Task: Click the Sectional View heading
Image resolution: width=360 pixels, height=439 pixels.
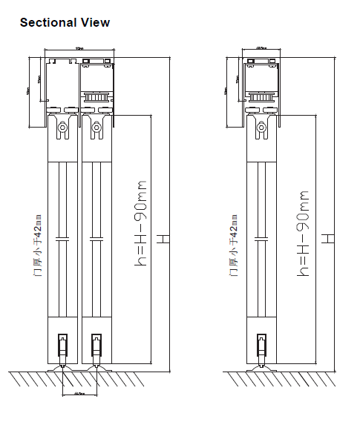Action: coord(65,22)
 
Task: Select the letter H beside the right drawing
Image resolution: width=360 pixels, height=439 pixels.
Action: coord(328,239)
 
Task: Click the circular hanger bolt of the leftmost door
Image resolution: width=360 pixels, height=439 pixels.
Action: coord(63,129)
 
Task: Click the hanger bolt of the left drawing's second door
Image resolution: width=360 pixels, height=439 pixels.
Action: coord(96,129)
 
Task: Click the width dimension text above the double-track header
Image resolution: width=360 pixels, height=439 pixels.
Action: coord(79,47)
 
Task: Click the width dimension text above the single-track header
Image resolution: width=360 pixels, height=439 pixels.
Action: coord(261,47)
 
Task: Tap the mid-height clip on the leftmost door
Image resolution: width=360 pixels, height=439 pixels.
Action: coord(63,239)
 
